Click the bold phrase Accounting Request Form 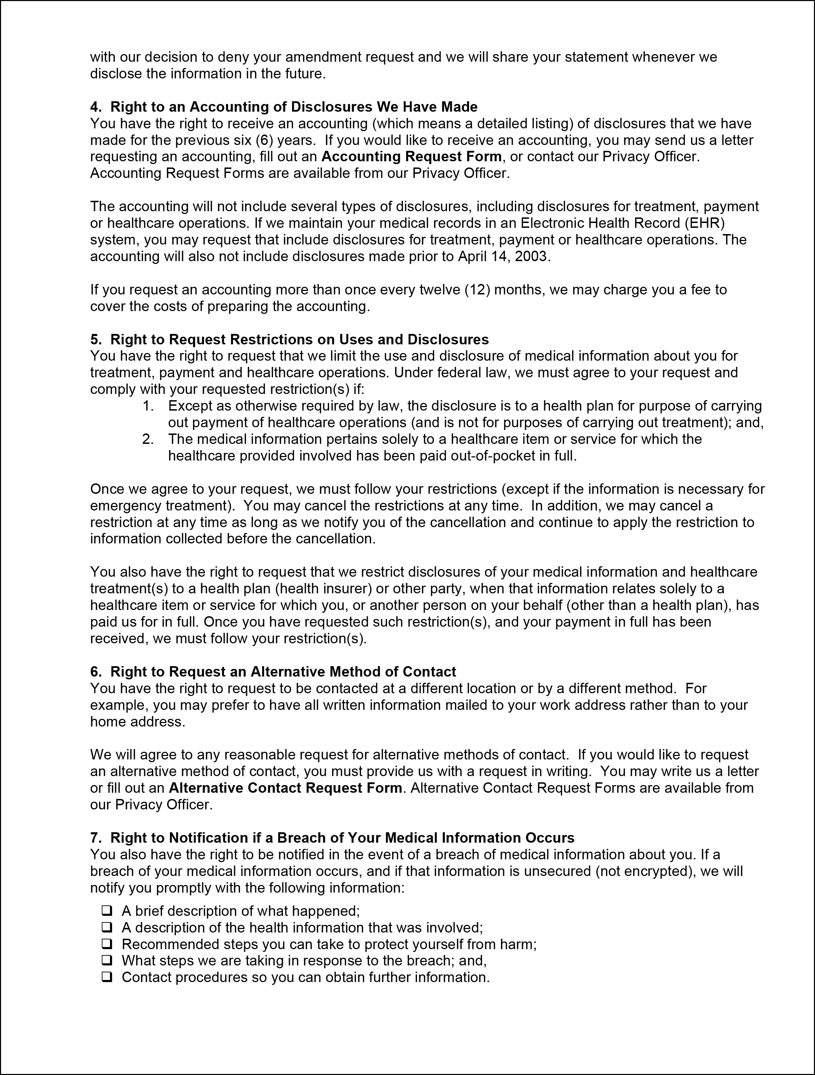click(411, 156)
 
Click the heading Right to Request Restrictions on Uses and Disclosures click(299, 339)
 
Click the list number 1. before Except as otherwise click(148, 406)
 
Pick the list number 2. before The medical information click(148, 439)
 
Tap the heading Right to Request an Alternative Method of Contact click(283, 672)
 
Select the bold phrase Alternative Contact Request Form click(285, 788)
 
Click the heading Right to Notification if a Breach click(342, 838)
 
